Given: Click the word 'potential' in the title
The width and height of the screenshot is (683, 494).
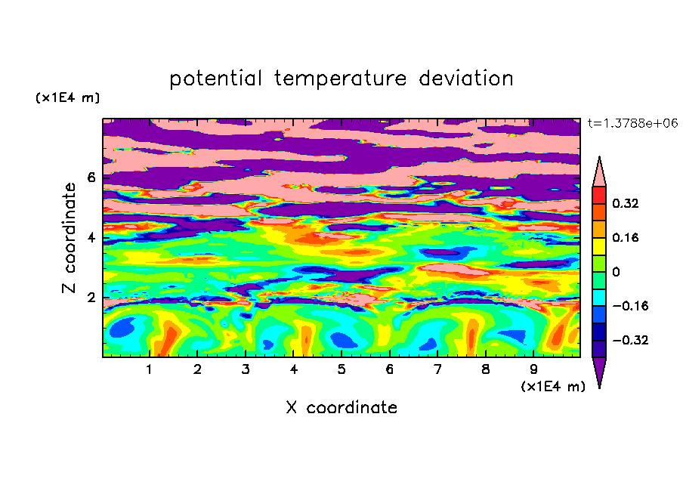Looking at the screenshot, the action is pyautogui.click(x=215, y=79).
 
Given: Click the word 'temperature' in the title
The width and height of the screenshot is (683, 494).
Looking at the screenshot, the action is pyautogui.click(x=340, y=79).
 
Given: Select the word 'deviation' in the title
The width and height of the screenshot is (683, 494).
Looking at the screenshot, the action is pyautogui.click(x=466, y=78).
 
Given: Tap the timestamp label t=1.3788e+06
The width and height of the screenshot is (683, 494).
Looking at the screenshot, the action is pyautogui.click(x=633, y=123).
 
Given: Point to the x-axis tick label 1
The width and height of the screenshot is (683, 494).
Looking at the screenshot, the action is pyautogui.click(x=149, y=369).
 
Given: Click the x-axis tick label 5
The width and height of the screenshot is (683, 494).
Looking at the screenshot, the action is pyautogui.click(x=341, y=369).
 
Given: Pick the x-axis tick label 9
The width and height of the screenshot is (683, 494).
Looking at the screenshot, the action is pyautogui.click(x=533, y=369).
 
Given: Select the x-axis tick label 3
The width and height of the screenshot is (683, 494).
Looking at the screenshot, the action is pyautogui.click(x=246, y=369).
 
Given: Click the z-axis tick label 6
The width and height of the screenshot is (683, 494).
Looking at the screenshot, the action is pyautogui.click(x=91, y=178).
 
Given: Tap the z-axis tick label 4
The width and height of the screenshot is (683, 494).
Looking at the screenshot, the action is pyautogui.click(x=91, y=238).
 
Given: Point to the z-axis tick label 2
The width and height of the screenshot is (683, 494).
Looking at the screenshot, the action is pyautogui.click(x=91, y=298).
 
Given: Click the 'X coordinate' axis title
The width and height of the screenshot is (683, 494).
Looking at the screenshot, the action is pyautogui.click(x=341, y=407).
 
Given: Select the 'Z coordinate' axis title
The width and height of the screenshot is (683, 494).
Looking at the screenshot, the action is pyautogui.click(x=69, y=237).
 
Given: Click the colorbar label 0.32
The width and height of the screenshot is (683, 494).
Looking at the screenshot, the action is pyautogui.click(x=625, y=203).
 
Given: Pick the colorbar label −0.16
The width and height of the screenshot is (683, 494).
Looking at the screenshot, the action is pyautogui.click(x=630, y=306).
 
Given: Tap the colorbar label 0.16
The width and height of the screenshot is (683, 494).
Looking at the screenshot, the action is pyautogui.click(x=625, y=237).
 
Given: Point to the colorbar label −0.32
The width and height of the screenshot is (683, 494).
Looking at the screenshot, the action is pyautogui.click(x=630, y=340).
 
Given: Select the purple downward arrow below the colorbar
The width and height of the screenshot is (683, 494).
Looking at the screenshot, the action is pyautogui.click(x=599, y=370).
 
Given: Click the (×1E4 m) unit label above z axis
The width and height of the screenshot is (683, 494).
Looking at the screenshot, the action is pyautogui.click(x=67, y=97).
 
